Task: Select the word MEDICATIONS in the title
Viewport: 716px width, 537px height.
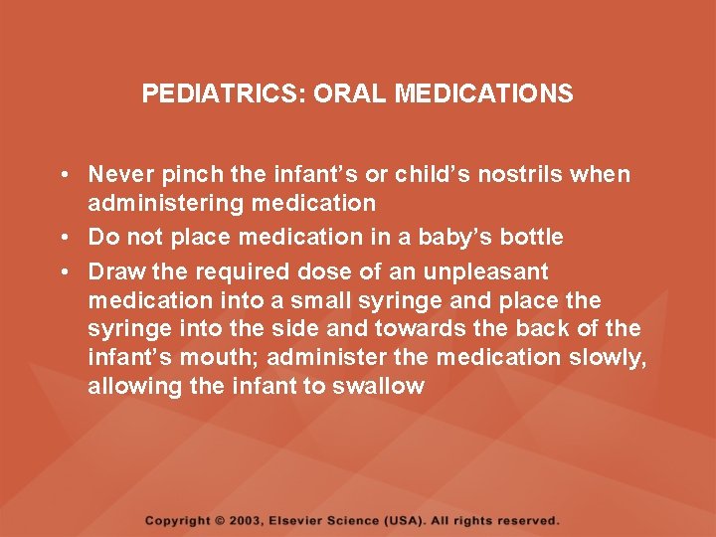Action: [484, 94]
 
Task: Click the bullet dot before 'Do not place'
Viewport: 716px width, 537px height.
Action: [63, 237]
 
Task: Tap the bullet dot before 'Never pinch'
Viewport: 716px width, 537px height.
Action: [63, 175]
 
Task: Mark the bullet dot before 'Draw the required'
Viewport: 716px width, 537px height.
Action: [63, 271]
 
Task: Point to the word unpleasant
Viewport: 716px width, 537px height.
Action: [485, 271]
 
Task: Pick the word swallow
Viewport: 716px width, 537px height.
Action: [378, 387]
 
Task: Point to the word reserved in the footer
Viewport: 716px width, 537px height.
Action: [527, 521]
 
